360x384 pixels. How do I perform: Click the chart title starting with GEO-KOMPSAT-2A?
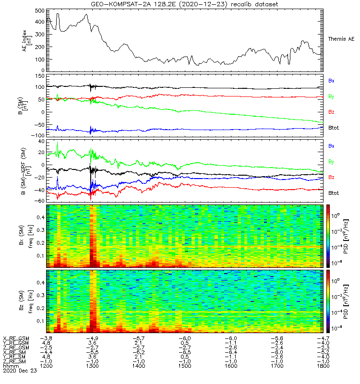pos(185,4)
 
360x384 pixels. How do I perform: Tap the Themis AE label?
pos(341,38)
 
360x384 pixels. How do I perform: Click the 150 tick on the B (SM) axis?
pos(38,76)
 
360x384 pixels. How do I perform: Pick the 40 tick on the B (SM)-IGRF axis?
pos(40,142)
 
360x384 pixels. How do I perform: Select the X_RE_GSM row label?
pos(16,338)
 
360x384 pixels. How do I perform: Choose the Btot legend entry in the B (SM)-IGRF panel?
pos(334,193)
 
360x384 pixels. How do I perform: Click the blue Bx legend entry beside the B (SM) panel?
pos(331,81)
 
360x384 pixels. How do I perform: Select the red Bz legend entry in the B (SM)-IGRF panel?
pos(331,178)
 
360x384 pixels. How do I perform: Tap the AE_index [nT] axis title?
pos(29,38)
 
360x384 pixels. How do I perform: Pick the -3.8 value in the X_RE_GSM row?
pos(48,338)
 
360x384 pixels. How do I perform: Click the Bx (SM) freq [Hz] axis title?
pos(29,235)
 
